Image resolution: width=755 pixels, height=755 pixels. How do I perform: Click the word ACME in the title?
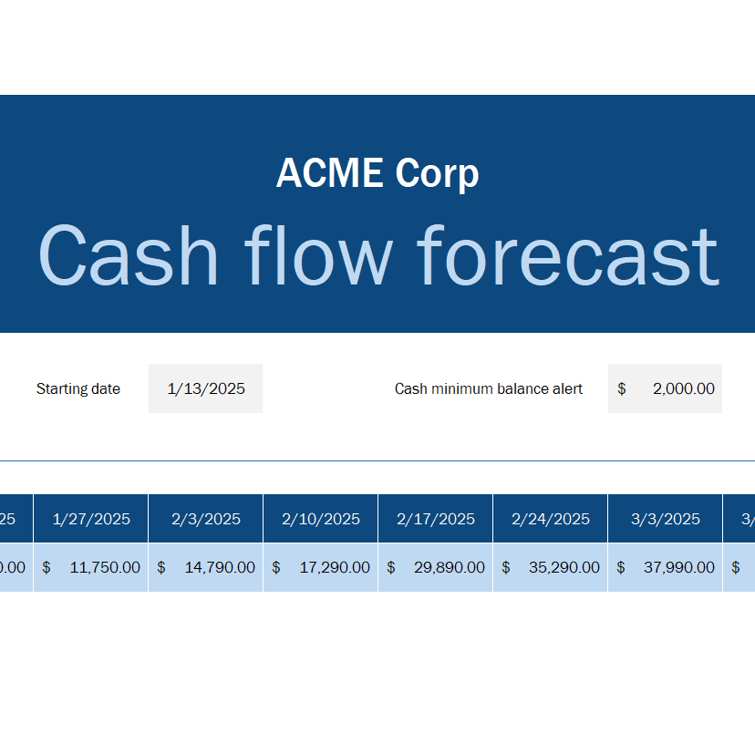pyautogui.click(x=329, y=173)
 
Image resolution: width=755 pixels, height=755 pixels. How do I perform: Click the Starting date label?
pyautogui.click(x=78, y=388)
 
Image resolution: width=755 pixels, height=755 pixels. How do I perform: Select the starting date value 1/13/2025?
pyautogui.click(x=206, y=388)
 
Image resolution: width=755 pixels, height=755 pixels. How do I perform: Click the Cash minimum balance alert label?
pyautogui.click(x=489, y=388)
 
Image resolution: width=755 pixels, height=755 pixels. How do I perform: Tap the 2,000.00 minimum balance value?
pyautogui.click(x=683, y=388)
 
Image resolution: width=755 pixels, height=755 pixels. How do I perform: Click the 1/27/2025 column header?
pyautogui.click(x=91, y=519)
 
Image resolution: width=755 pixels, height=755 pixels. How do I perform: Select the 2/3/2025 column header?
pyautogui.click(x=206, y=519)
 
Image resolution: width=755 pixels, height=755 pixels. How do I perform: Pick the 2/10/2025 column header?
pyautogui.click(x=321, y=519)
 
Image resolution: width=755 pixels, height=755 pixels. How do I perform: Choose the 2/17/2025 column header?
pyautogui.click(x=436, y=519)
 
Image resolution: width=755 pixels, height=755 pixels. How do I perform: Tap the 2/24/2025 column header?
pyautogui.click(x=551, y=519)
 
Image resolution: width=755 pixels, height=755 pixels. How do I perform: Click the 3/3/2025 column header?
pyautogui.click(x=666, y=519)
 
